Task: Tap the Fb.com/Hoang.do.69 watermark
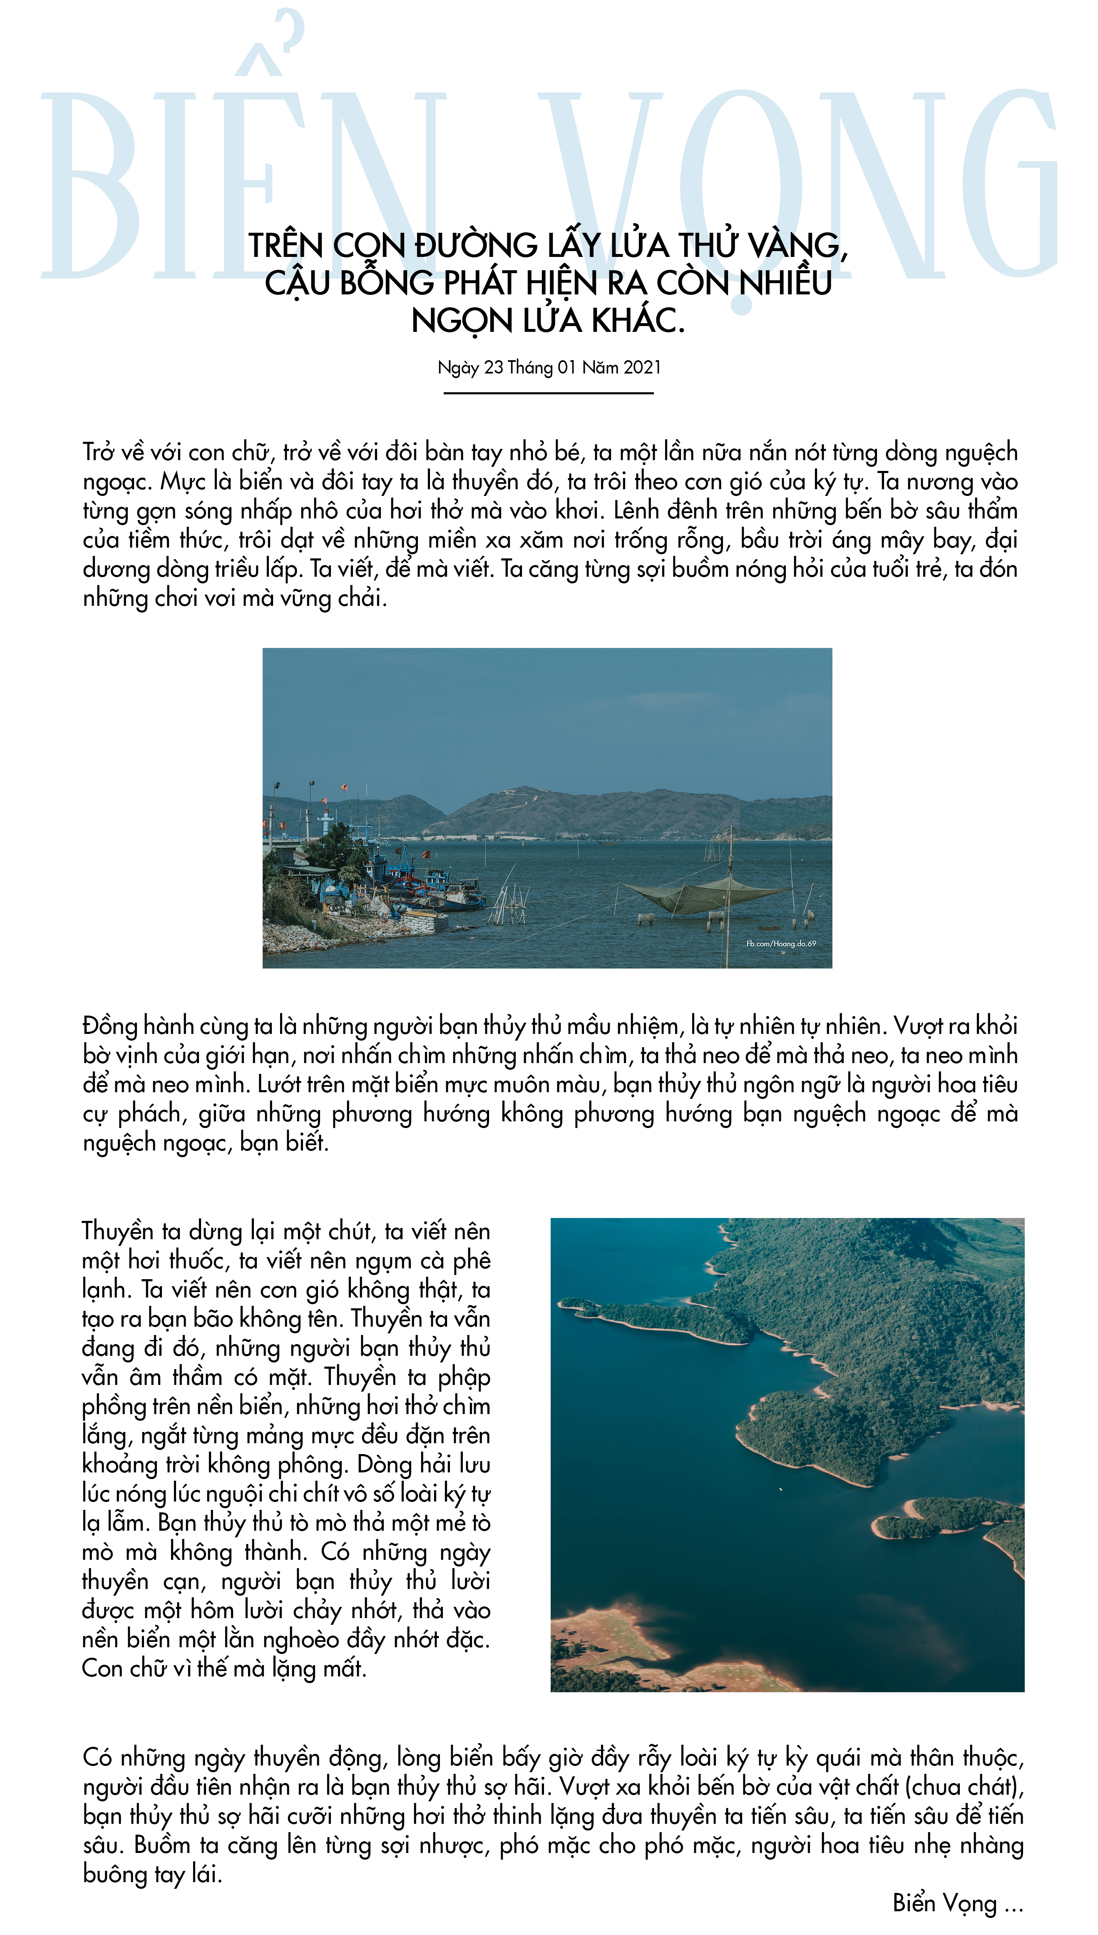click(780, 944)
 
